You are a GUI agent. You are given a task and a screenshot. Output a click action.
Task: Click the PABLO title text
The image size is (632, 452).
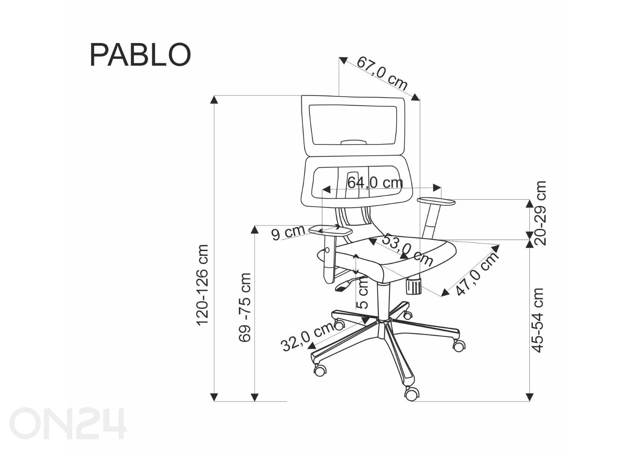(140, 55)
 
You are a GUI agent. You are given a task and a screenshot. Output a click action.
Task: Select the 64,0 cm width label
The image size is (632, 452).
(375, 182)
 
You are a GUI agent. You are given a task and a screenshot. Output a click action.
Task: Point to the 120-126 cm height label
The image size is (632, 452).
(203, 285)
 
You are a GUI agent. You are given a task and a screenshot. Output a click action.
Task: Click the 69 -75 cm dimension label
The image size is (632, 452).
(245, 308)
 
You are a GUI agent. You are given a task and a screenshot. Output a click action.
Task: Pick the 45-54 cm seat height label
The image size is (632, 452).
(537, 320)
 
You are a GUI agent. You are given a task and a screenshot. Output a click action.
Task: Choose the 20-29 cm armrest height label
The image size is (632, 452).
(540, 213)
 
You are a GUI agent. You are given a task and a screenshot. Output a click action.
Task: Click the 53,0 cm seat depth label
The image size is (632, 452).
(407, 250)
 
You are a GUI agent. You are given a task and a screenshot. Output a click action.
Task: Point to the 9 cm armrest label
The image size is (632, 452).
(288, 233)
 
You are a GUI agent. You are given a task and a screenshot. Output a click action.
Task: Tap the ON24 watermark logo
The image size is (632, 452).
(68, 423)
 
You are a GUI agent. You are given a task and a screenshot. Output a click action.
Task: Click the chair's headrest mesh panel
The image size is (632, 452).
(353, 125)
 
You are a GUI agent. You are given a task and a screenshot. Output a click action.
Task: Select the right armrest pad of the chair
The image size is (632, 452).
(436, 201)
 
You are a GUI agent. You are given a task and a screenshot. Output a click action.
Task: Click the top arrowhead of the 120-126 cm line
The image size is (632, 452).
(214, 99)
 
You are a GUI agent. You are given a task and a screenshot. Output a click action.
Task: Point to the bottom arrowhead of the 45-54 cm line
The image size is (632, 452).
(530, 397)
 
